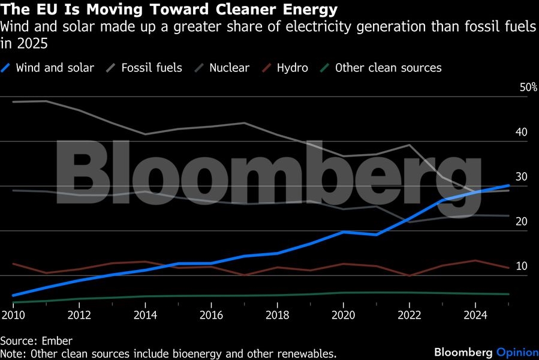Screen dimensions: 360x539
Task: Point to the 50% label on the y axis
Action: tap(528, 88)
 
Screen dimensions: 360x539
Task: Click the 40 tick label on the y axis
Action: tap(521, 132)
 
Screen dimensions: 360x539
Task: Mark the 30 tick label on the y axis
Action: tap(521, 177)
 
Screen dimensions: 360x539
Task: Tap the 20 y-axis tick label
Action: tap(521, 221)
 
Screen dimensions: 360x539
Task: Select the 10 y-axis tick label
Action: tap(521, 266)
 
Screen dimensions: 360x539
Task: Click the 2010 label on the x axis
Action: tap(13, 314)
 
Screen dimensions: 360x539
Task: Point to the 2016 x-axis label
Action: tap(210, 314)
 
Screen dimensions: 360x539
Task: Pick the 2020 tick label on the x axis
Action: tap(343, 314)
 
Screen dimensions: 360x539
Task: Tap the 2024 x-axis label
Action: tap(475, 314)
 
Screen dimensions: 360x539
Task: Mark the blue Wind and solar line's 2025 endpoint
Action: tap(509, 185)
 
